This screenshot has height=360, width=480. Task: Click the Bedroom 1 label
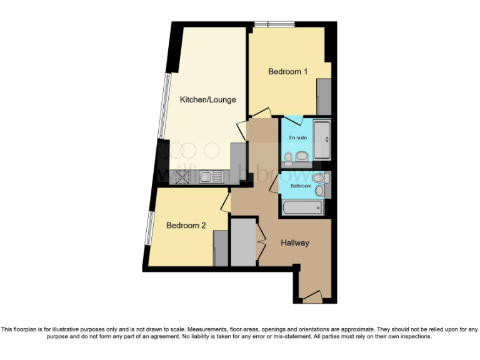[288, 72]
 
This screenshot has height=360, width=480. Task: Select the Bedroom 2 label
[186, 226]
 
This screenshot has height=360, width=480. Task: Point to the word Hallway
[294, 243]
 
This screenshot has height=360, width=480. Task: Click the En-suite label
[297, 137]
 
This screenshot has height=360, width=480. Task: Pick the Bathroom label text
[301, 186]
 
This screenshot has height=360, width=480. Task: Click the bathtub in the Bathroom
[302, 207]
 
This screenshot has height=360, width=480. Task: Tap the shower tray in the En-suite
[322, 141]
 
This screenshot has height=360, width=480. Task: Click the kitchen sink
[212, 177]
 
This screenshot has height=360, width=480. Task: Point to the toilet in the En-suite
[301, 156]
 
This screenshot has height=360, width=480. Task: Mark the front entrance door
[312, 296]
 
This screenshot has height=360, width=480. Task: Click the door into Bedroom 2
[226, 201]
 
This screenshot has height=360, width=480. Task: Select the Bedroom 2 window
[149, 229]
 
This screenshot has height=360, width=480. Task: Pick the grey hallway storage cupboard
[243, 242]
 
